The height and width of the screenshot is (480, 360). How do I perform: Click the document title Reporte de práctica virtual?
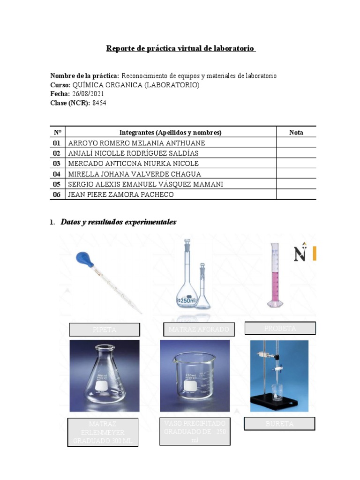[181, 48]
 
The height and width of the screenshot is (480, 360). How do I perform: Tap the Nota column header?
[296, 132]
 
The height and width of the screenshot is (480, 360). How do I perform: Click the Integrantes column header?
[170, 132]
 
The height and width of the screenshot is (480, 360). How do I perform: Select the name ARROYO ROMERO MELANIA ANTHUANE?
[136, 143]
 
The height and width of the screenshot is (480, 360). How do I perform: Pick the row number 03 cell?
[57, 164]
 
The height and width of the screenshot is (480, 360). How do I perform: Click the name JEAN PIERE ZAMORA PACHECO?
[120, 195]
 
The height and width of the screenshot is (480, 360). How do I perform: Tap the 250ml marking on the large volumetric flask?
[186, 300]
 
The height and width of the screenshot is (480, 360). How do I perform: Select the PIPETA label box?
[105, 330]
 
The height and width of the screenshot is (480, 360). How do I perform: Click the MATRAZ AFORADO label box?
[199, 330]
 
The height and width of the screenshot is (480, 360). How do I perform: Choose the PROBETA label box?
[280, 328]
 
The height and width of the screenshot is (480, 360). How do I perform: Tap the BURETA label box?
[279, 424]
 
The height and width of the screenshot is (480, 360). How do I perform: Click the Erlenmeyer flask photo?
[104, 375]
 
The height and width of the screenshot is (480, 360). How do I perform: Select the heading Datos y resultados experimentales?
[118, 222]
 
